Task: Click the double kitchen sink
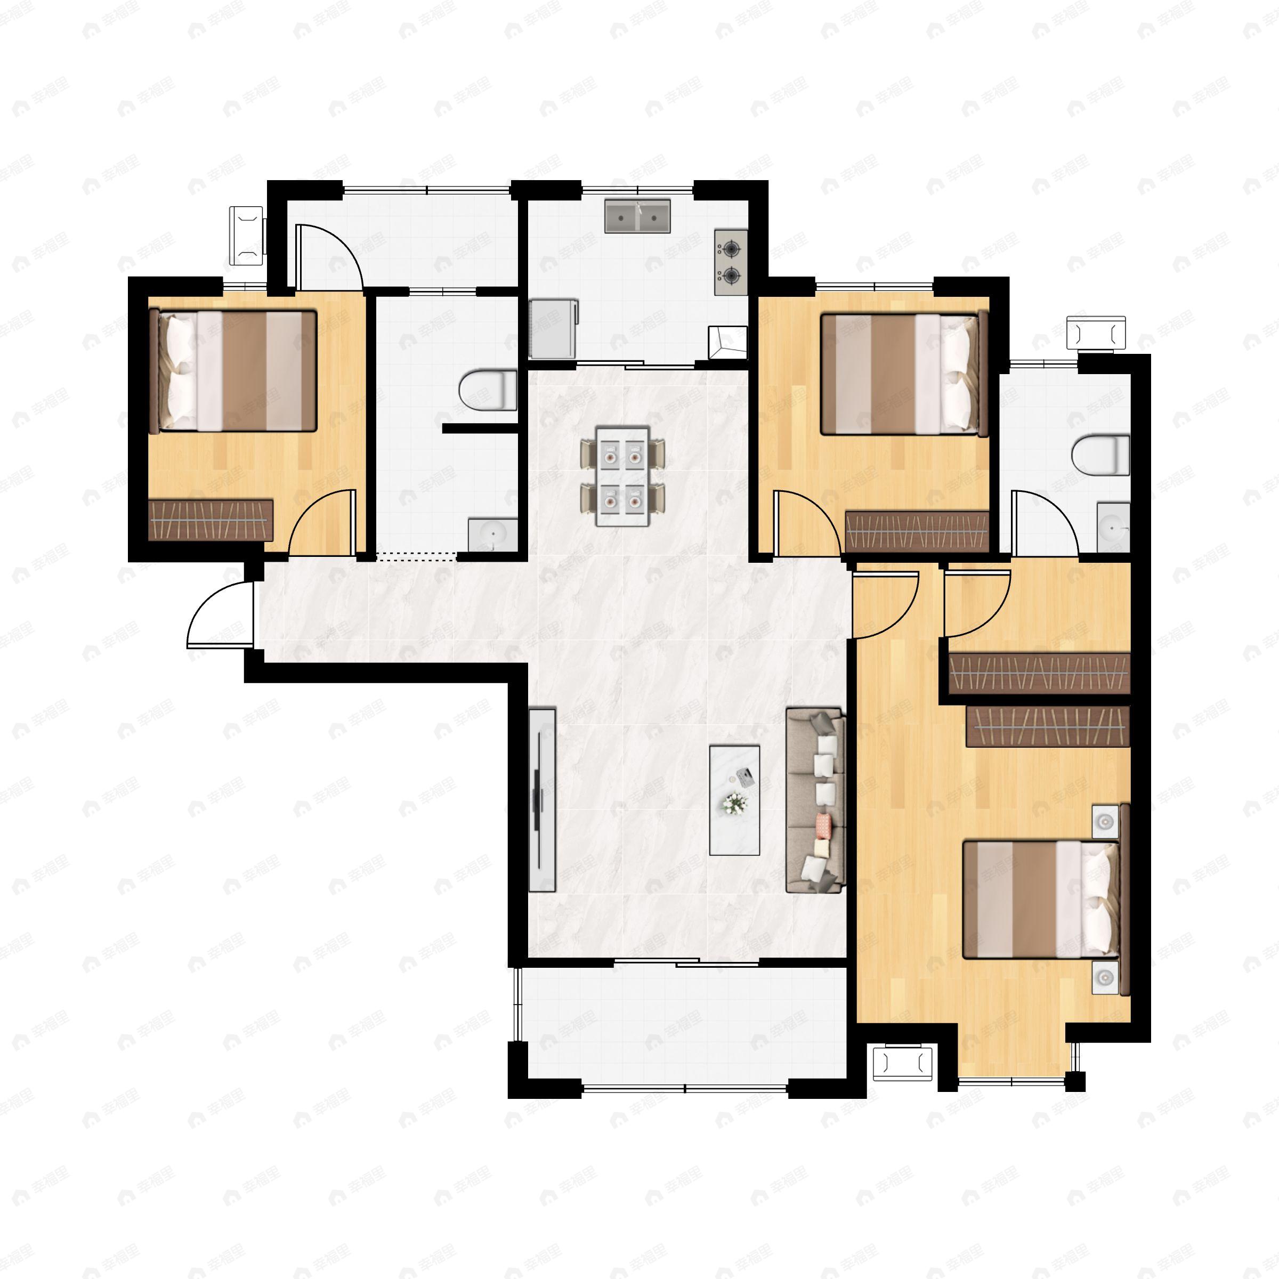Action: (x=637, y=215)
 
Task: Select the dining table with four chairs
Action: (x=622, y=476)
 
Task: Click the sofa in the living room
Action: (x=815, y=800)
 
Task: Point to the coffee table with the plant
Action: (x=734, y=800)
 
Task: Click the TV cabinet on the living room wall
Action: (x=542, y=800)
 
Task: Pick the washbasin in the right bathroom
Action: (x=1112, y=528)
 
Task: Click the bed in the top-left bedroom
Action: (x=233, y=371)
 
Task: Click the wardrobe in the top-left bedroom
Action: (x=211, y=520)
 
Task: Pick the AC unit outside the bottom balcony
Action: (x=902, y=1063)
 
